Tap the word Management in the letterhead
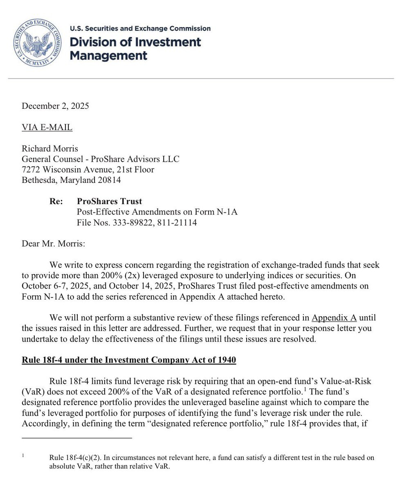(108, 55)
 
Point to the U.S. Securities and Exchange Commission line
(140, 29)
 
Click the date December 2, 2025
(55, 106)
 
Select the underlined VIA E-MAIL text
(47, 127)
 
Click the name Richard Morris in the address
(50, 149)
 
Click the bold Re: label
(56, 201)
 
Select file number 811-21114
(177, 223)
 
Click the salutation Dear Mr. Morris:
(54, 244)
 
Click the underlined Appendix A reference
(334, 318)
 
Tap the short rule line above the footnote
(77, 438)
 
